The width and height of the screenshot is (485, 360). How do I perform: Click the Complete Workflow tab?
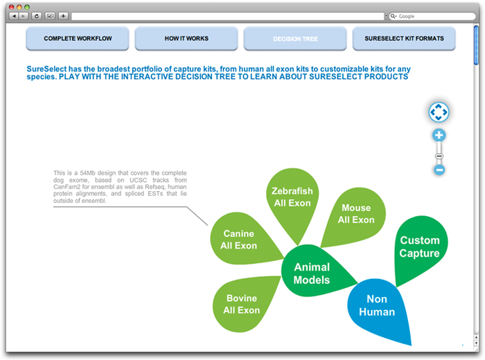coord(78,38)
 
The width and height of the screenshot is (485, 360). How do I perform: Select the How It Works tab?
coord(186,38)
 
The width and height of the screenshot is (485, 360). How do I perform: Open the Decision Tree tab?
coord(295,38)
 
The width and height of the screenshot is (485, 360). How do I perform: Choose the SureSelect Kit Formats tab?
coord(404,38)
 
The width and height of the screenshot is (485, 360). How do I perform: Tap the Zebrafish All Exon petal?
coord(292,198)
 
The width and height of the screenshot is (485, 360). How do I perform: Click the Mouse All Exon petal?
coord(355,214)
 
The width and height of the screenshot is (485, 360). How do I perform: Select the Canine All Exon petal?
coord(240,239)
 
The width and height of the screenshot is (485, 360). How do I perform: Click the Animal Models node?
coord(312,273)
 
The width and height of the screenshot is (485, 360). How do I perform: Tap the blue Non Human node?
coord(378,306)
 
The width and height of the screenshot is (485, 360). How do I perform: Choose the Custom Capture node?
coord(419,246)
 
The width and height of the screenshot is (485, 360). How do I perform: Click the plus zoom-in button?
coord(439,135)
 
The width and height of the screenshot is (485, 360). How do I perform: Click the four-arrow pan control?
coord(439,112)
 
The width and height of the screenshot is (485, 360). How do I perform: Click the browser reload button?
coord(37,16)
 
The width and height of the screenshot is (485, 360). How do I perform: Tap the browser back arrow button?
coord(14,16)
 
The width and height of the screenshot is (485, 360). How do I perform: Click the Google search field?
coord(432,16)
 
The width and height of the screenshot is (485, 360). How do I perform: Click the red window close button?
coord(12,7)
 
